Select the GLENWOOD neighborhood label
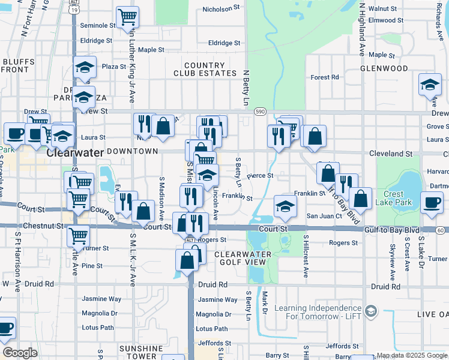384,68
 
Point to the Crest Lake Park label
393,198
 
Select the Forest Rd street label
325,77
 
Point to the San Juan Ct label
324,216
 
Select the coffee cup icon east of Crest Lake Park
432,202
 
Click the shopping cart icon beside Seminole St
128,17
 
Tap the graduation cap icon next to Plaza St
85,67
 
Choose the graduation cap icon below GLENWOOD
430,85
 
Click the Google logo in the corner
20,352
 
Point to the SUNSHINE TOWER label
140,352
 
